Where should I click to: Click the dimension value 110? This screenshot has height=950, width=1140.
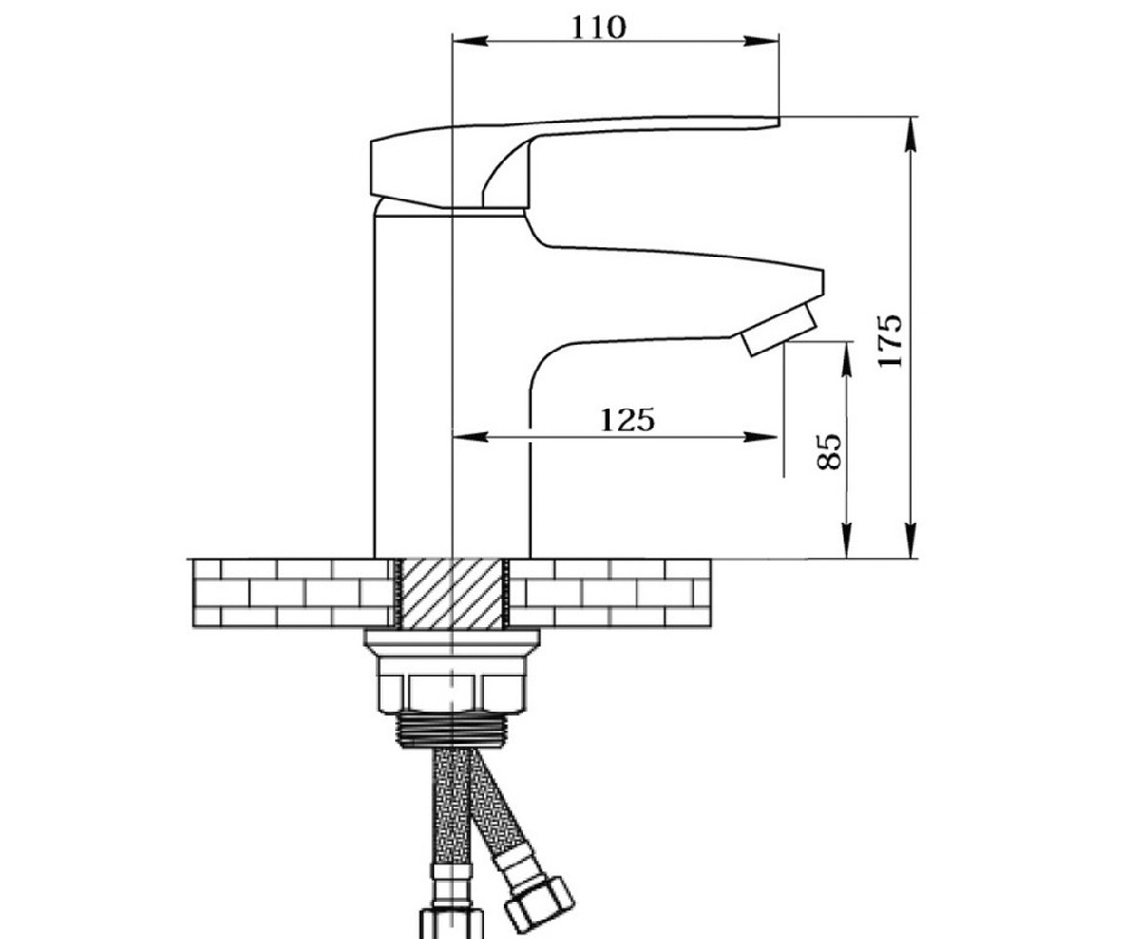point(598,28)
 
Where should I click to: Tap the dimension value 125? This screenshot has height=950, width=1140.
point(627,420)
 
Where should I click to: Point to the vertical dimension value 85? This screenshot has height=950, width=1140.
point(828,451)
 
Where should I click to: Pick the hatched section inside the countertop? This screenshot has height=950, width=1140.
point(452,594)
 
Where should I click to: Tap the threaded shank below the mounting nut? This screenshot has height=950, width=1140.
point(451,730)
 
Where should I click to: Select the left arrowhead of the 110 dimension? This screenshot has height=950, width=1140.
point(470,41)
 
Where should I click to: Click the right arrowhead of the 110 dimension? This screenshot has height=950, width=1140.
point(762,41)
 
